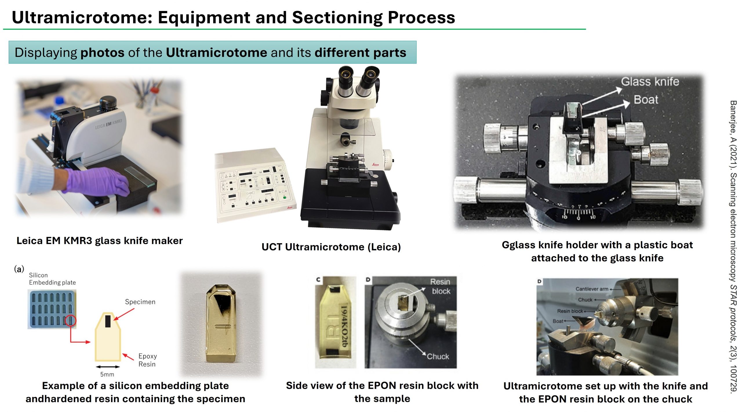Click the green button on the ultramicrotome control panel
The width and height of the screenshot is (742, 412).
pyautogui.click(x=285, y=197)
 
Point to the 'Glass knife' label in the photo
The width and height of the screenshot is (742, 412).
pyautogui.click(x=650, y=82)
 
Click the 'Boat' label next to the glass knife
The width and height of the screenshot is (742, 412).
pyautogui.click(x=646, y=100)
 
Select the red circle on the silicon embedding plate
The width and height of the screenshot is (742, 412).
pyautogui.click(x=70, y=320)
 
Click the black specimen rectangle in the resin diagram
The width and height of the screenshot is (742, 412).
pyautogui.click(x=108, y=321)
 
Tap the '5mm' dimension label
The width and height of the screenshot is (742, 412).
pyautogui.click(x=107, y=374)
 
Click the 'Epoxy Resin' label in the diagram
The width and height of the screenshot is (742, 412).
pyautogui.click(x=147, y=360)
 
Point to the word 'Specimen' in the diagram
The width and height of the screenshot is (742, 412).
pyautogui.click(x=140, y=302)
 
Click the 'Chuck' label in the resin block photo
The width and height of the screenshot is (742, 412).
pyautogui.click(x=438, y=356)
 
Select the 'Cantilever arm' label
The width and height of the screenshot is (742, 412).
pyautogui.click(x=592, y=289)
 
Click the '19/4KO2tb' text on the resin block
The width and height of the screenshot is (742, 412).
pyautogui.click(x=344, y=326)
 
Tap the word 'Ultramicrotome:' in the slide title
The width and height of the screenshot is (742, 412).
pyautogui.click(x=82, y=17)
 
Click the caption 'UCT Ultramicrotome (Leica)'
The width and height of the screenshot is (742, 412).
pyautogui.click(x=331, y=247)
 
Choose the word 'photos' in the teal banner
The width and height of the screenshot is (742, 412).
pyautogui.click(x=102, y=53)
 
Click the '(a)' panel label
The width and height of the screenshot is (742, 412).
pyautogui.click(x=19, y=269)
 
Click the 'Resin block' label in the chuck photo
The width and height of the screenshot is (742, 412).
pyautogui.click(x=440, y=286)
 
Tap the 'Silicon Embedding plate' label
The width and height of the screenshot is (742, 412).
pyautogui.click(x=52, y=279)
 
